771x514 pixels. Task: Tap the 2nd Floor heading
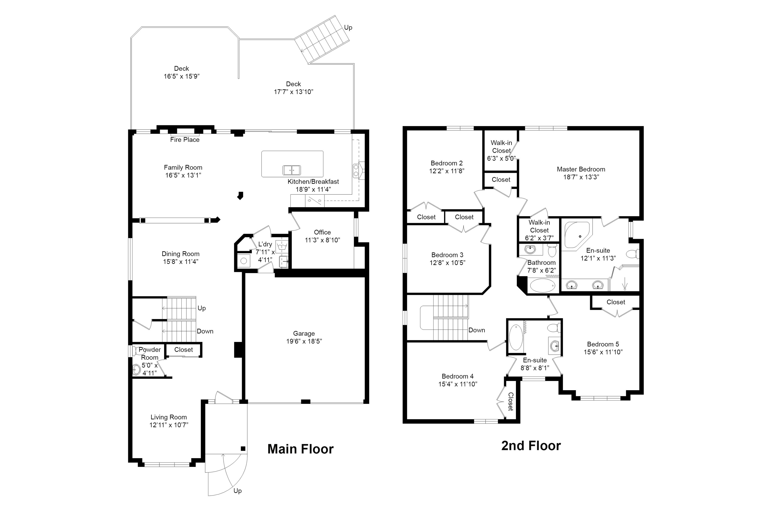pos(531,446)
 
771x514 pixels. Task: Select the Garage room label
pos(304,333)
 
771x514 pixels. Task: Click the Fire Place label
pos(185,140)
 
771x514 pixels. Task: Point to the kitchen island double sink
pos(291,170)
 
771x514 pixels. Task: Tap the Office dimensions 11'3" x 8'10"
pos(322,240)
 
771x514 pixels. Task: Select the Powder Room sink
pos(136,370)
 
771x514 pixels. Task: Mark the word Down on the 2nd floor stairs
pos(477,330)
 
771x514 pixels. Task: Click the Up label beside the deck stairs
pos(348,28)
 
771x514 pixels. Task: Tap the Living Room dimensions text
pos(169,425)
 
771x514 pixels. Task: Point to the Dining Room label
pos(180,254)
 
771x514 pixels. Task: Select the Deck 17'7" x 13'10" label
pos(293,88)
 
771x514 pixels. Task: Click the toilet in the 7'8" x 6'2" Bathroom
pos(552,250)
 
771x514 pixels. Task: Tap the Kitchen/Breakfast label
pos(313,182)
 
